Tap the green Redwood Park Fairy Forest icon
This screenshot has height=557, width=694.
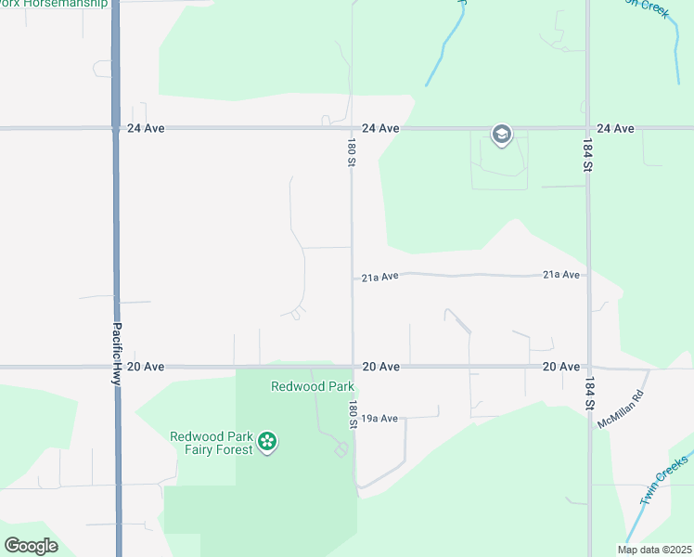(x=267, y=442)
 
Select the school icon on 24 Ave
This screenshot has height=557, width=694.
(x=502, y=136)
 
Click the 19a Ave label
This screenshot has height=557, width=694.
(x=379, y=419)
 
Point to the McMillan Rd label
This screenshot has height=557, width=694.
(x=620, y=408)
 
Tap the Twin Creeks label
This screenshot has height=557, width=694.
(x=663, y=480)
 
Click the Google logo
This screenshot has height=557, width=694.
(x=31, y=546)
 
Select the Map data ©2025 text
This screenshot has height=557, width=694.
(x=654, y=550)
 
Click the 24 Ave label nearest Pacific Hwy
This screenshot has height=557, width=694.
(x=146, y=128)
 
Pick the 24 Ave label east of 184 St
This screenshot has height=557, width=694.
(x=616, y=128)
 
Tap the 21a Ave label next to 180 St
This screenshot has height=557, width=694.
(x=379, y=277)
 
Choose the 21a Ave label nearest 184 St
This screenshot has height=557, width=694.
(x=561, y=275)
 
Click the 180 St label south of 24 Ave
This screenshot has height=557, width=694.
(x=352, y=153)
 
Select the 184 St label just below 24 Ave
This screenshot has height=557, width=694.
(x=587, y=155)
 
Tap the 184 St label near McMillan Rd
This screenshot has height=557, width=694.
(x=588, y=394)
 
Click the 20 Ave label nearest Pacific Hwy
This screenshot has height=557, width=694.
(x=146, y=367)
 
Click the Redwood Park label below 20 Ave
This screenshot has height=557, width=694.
(x=300, y=386)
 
